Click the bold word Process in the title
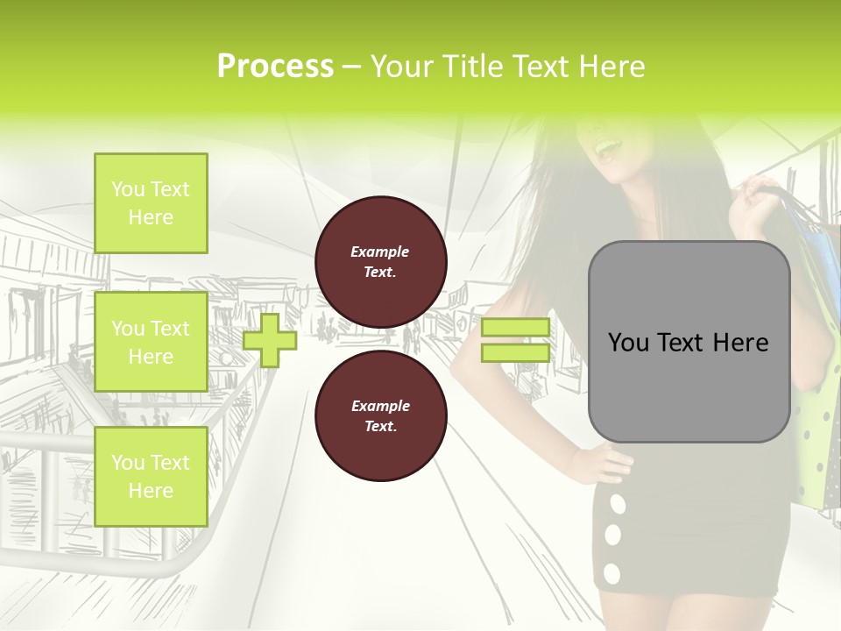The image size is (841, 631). [275, 66]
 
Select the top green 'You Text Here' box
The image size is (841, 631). [151, 203]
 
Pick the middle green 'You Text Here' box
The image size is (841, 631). [151, 342]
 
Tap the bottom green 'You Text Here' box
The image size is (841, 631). [151, 476]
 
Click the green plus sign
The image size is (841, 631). [270, 340]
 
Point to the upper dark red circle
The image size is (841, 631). [381, 262]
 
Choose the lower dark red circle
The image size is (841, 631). [381, 416]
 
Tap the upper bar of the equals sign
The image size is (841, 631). [515, 328]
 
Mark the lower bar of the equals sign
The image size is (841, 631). [515, 352]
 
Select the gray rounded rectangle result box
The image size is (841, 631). [689, 342]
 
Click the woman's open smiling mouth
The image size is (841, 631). [605, 152]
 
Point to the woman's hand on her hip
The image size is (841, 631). [604, 460]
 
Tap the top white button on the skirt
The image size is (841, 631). [618, 504]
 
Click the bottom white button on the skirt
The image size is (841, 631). [611, 574]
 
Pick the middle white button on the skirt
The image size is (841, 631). [614, 534]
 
